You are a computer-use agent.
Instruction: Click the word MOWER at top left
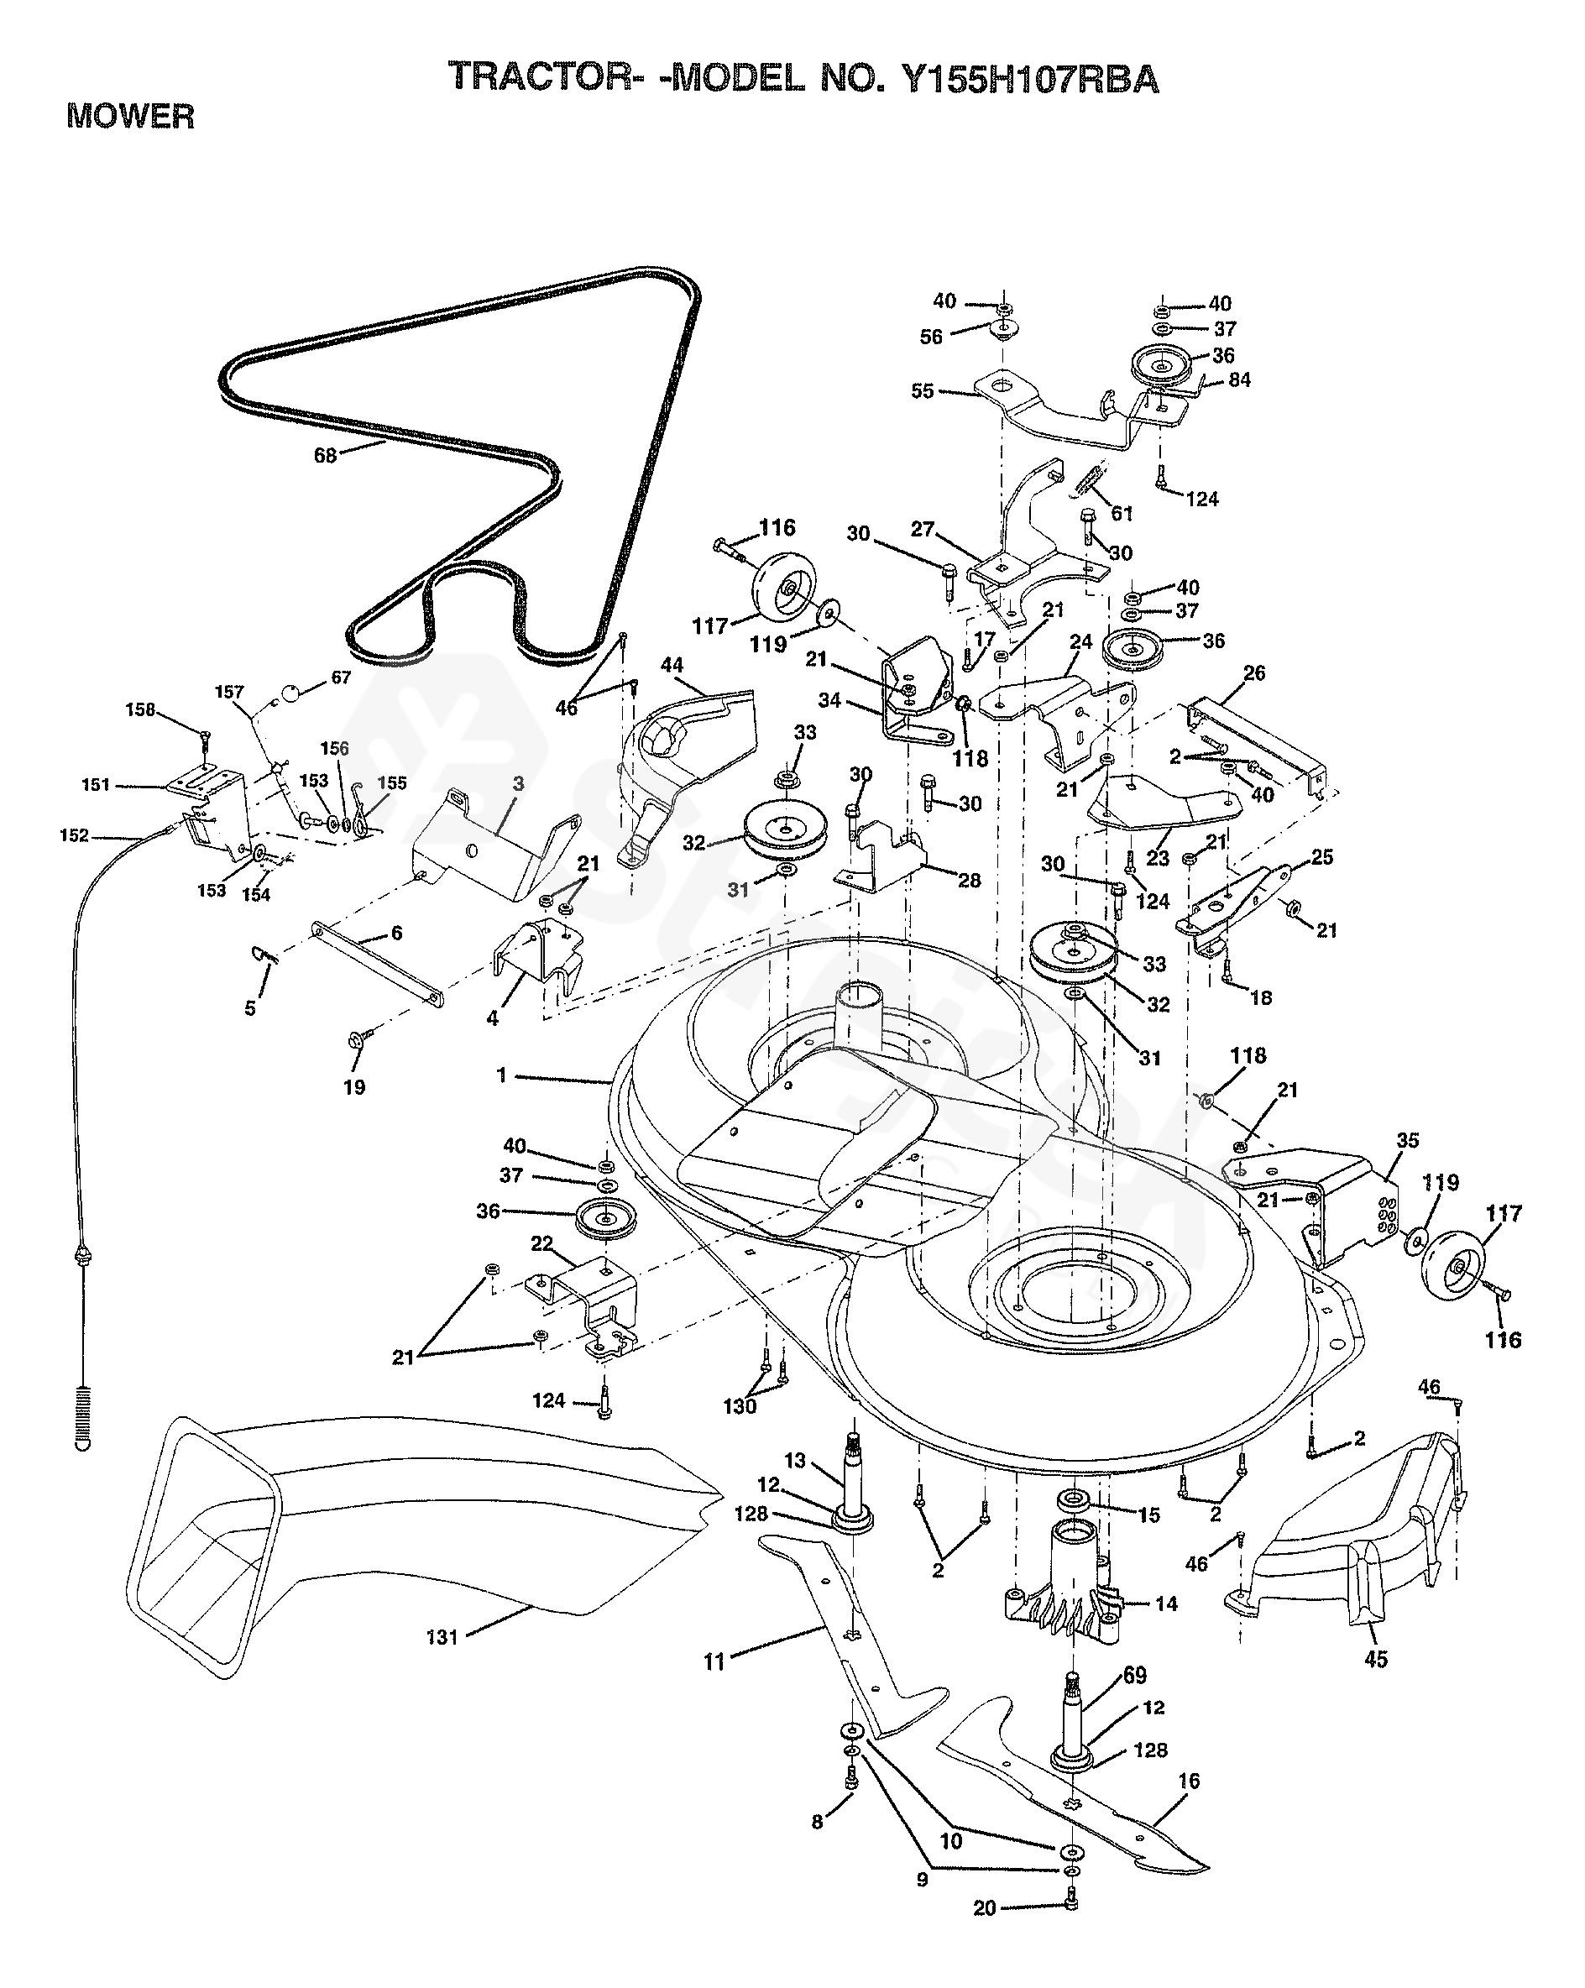click(x=130, y=117)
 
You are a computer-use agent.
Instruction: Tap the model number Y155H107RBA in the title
click(x=1029, y=78)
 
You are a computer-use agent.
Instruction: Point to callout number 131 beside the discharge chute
click(x=442, y=1637)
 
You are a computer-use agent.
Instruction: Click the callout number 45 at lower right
click(x=1375, y=1660)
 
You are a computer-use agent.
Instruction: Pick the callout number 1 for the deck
click(x=501, y=1075)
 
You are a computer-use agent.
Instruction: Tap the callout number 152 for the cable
click(x=74, y=835)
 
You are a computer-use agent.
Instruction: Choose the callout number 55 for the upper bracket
click(x=922, y=391)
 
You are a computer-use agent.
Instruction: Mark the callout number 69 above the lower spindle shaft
click(x=1135, y=1675)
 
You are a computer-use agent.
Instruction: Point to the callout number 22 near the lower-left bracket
click(x=541, y=1244)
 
